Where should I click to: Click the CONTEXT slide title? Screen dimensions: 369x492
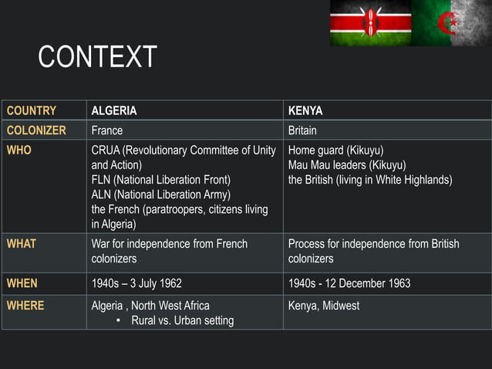click(x=97, y=57)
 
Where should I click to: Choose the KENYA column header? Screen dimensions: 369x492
click(x=305, y=110)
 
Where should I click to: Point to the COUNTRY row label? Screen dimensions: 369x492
click(x=32, y=110)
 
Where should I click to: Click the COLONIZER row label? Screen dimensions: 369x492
click(x=36, y=130)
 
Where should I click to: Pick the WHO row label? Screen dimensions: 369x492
click(x=19, y=151)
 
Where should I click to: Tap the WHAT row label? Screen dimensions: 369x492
click(x=22, y=244)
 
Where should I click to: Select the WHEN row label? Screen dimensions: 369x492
click(x=22, y=283)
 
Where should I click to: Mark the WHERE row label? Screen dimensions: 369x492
click(x=25, y=306)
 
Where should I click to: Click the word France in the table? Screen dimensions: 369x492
click(x=107, y=130)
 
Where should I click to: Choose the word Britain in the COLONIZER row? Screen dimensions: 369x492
click(x=302, y=130)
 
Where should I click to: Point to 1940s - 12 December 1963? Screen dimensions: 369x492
click(x=349, y=283)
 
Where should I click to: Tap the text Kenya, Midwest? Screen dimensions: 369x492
click(x=324, y=306)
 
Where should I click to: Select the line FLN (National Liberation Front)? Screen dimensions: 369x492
click(x=161, y=180)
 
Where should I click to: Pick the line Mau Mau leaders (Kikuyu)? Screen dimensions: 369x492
click(x=347, y=165)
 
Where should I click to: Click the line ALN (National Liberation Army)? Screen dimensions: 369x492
click(x=160, y=195)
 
